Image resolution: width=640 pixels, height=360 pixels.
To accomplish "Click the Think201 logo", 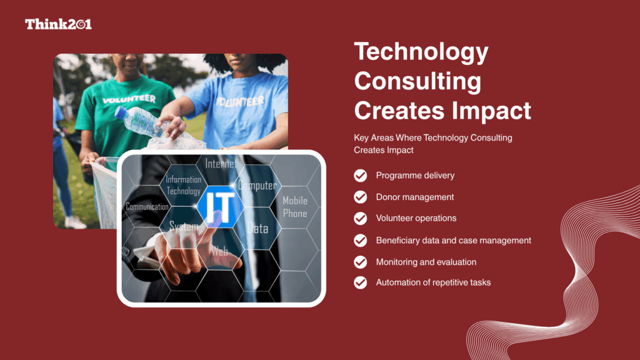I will tap(58, 24).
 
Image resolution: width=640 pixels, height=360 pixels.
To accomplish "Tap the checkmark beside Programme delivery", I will tap(360, 176).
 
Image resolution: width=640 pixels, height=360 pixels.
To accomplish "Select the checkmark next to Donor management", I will tap(360, 197).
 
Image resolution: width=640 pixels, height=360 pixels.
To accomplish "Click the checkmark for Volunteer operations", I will tap(360, 218).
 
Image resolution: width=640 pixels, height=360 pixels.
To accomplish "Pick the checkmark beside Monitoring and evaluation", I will tap(360, 262).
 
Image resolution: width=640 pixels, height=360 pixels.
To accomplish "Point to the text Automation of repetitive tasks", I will tap(433, 282).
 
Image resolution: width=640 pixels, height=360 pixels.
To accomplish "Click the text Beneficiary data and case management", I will tap(453, 240).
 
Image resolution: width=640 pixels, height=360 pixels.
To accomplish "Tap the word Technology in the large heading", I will tap(421, 52).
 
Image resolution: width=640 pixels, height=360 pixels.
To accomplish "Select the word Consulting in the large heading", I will tap(417, 81).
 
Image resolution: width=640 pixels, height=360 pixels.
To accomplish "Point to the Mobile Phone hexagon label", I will tap(295, 207).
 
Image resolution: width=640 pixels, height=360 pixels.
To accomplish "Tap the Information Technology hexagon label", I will tap(183, 186).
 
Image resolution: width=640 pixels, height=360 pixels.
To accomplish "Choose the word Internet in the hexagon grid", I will tap(220, 164).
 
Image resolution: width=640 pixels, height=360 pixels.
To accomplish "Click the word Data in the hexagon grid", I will tap(257, 229).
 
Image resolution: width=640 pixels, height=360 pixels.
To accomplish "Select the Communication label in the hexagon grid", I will tap(147, 206).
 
